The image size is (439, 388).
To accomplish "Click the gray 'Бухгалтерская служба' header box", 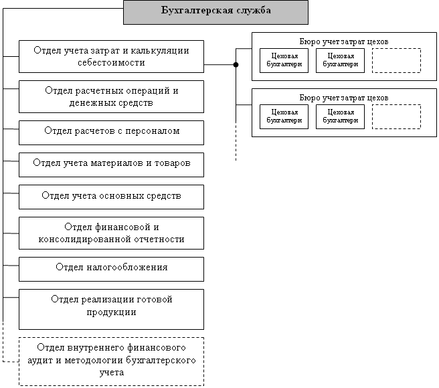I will (x=216, y=11).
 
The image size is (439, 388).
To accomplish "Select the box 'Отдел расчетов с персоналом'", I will (x=111, y=132).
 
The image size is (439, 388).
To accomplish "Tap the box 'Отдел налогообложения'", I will (x=111, y=268).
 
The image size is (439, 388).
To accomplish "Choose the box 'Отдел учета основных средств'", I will (x=111, y=196).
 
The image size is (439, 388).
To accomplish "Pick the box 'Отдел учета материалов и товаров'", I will (x=111, y=163).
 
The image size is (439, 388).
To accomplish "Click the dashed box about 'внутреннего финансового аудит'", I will (x=111, y=361).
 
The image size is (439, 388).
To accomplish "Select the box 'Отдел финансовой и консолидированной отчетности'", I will (x=111, y=233).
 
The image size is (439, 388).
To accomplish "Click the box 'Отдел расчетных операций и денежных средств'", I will (x=111, y=96).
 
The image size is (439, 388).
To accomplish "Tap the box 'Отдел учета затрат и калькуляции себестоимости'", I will (x=111, y=56).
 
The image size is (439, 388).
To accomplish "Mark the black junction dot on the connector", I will (x=236, y=65).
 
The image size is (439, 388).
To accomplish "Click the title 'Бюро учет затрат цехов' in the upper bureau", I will (x=344, y=41).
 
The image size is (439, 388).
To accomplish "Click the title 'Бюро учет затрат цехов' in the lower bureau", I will (x=344, y=98).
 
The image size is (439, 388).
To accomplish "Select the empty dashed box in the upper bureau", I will (x=396, y=60).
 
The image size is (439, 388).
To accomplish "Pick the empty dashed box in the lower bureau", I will (x=396, y=116).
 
